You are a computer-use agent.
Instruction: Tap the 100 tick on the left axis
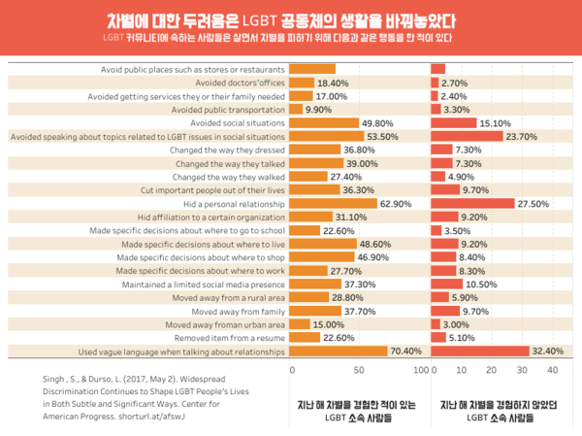coord(421,370)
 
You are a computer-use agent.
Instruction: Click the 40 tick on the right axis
coord(552,370)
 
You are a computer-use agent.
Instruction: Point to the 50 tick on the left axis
coord(357,370)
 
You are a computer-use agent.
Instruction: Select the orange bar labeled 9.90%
coord(297,110)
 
